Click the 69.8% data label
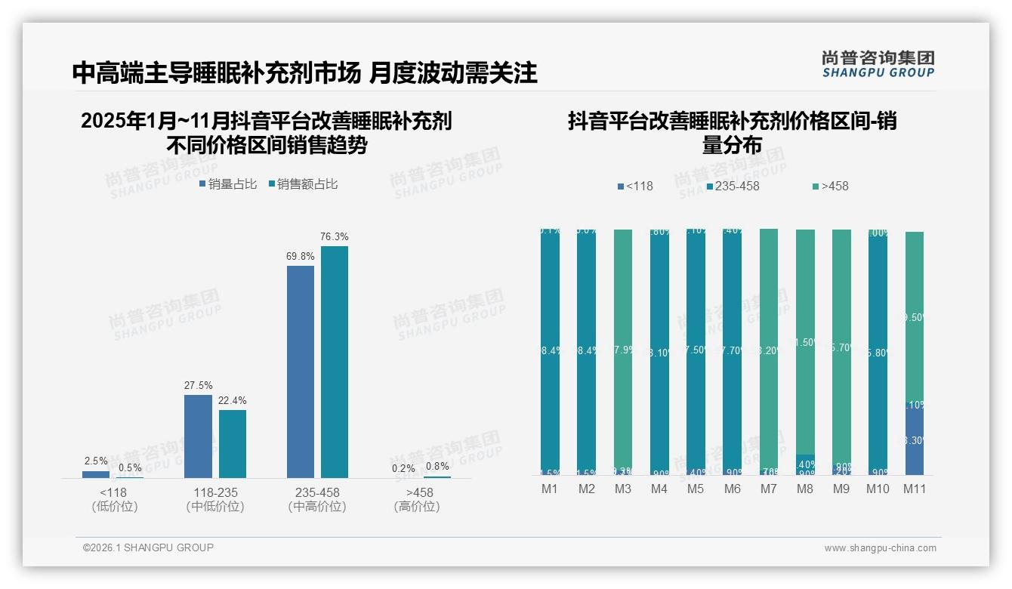[301, 257]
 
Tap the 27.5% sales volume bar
[198, 436]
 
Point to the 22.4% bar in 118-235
[233, 443]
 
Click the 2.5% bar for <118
[96, 474]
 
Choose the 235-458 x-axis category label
[317, 492]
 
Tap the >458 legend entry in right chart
[830, 186]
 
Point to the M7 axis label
[768, 489]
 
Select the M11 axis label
[915, 489]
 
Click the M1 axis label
[550, 489]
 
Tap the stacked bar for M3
[623, 351]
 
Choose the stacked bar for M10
[878, 351]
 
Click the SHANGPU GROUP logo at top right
[878, 64]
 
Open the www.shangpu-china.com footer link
[880, 548]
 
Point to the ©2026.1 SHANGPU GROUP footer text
[148, 547]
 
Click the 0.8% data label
[437, 466]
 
